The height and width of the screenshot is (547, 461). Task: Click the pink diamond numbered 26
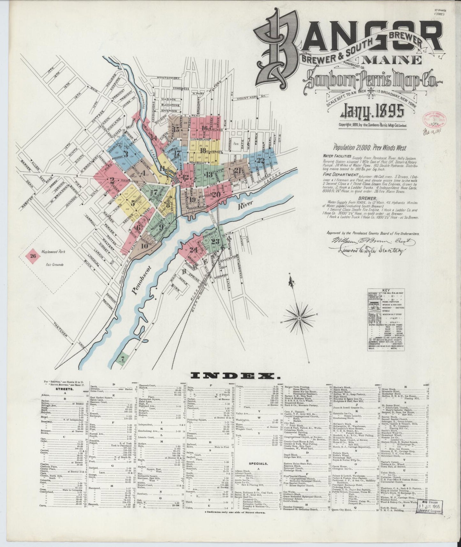[x=33, y=256]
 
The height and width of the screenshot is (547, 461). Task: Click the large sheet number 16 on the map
[x=205, y=128]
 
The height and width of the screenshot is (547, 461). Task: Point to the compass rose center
[x=300, y=318]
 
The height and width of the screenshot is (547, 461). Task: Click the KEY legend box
[x=386, y=319]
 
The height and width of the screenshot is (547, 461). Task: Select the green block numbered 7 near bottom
[x=123, y=359]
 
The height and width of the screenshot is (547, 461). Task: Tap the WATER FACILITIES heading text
[x=337, y=156]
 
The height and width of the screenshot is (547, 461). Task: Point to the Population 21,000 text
[x=365, y=148]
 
